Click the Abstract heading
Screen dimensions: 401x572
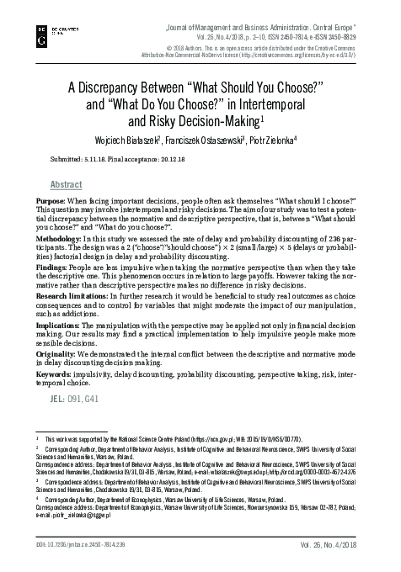coord(67,184)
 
